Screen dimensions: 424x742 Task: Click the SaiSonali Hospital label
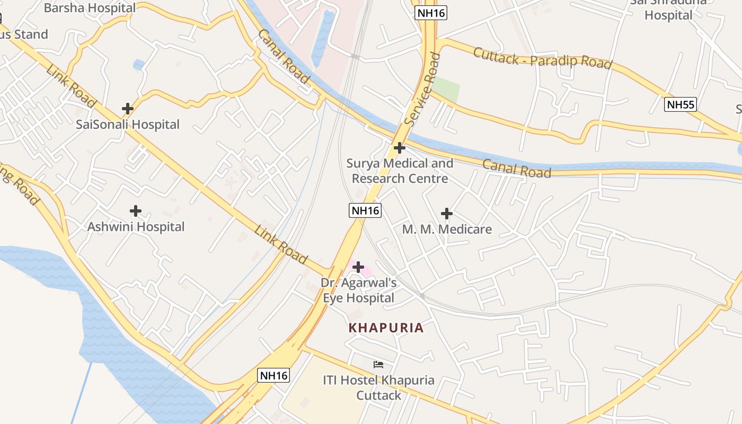tap(128, 125)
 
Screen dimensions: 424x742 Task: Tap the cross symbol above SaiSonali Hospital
tap(128, 109)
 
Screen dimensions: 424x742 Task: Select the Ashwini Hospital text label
tap(136, 227)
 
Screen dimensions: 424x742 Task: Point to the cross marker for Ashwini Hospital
tap(136, 211)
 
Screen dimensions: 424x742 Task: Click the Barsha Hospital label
tap(90, 8)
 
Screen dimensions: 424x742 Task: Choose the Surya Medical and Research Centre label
tap(400, 171)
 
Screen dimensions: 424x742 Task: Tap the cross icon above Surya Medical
tap(400, 148)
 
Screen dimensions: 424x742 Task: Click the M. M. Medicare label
tap(447, 229)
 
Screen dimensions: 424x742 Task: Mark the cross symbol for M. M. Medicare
tap(447, 214)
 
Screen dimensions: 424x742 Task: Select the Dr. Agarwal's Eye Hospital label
tap(359, 290)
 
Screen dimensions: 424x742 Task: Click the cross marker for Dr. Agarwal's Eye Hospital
tap(358, 267)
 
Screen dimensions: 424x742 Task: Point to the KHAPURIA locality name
tap(386, 328)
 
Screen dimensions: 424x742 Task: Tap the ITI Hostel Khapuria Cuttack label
tap(378, 387)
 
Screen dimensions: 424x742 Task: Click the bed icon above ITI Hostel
tap(378, 365)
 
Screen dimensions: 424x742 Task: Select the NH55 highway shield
tap(681, 104)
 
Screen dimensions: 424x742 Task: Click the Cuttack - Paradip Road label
tap(542, 58)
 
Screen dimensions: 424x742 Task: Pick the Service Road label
tap(422, 89)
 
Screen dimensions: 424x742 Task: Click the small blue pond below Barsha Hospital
tap(139, 65)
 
